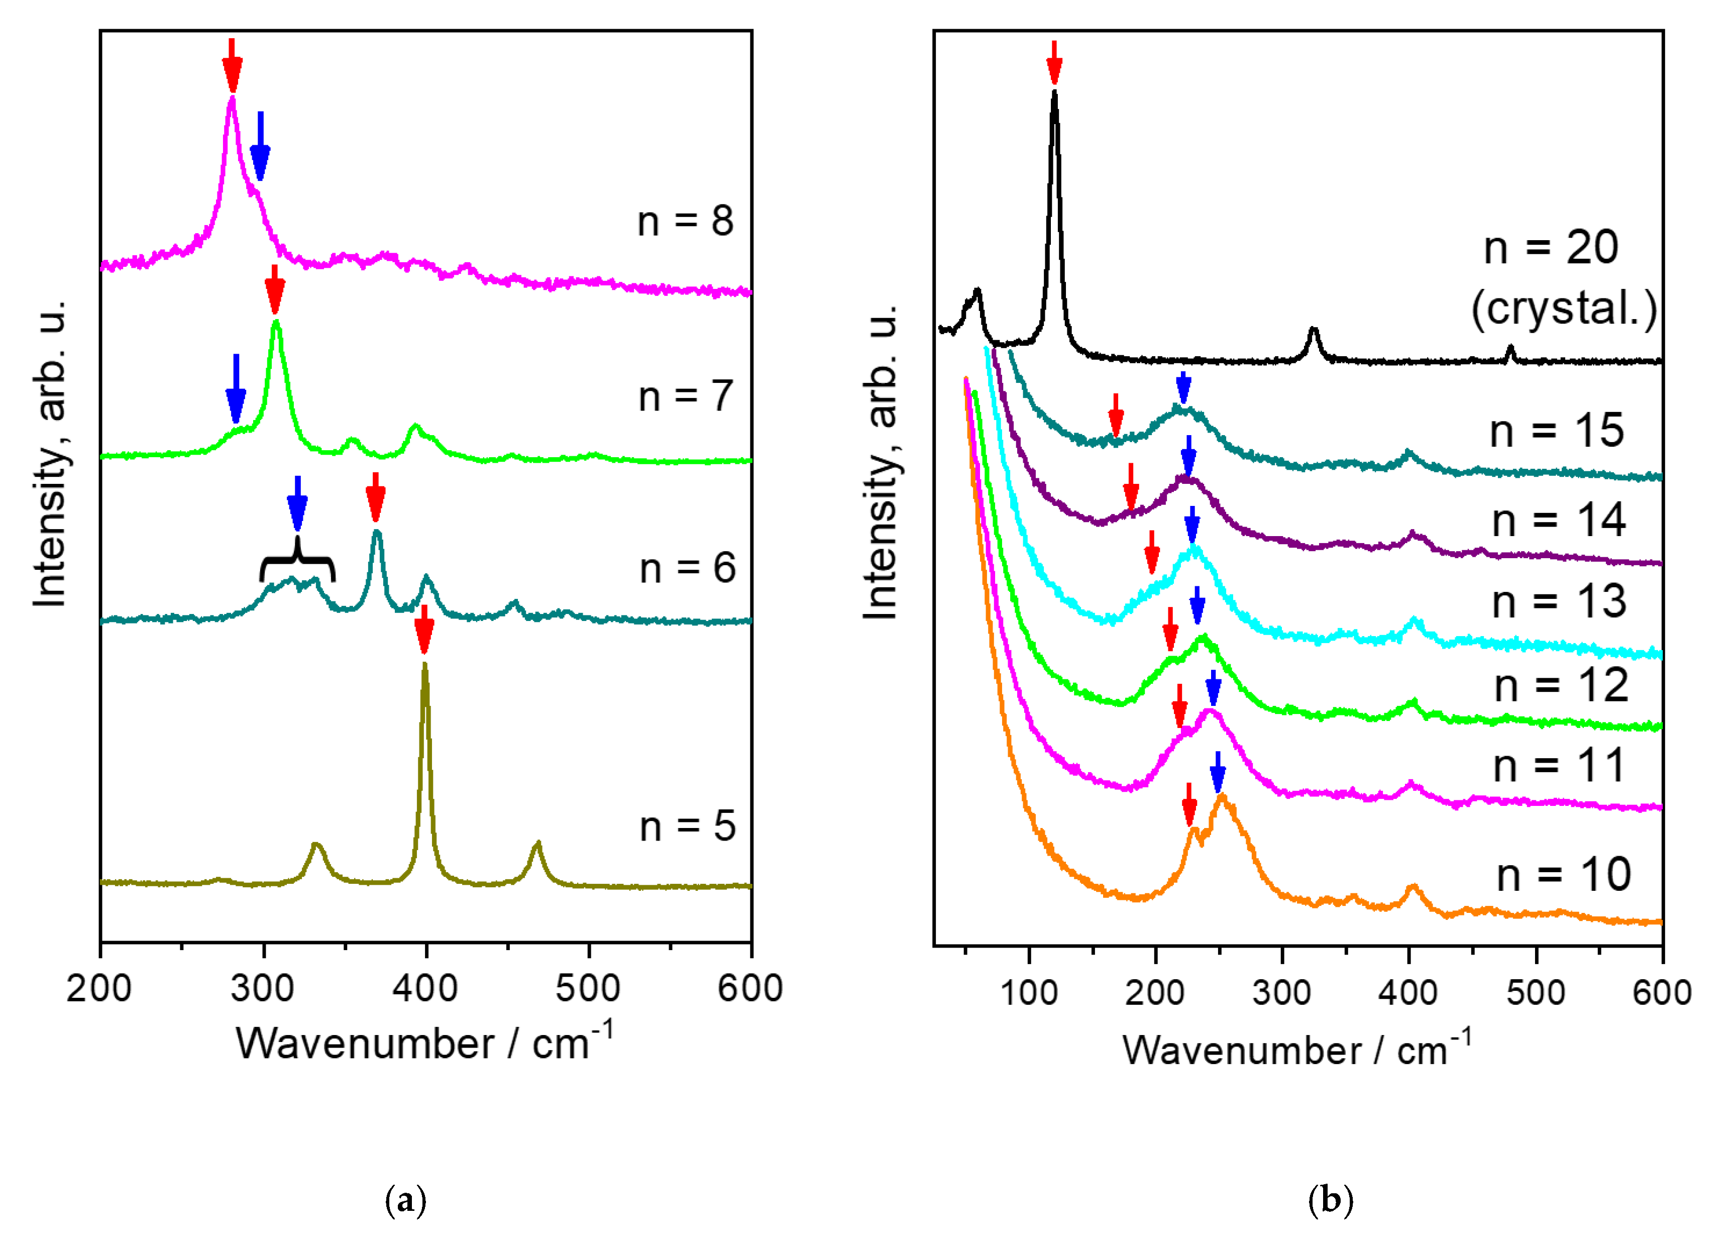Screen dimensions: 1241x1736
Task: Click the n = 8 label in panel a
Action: tap(685, 221)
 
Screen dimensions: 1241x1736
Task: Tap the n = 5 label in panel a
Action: tap(687, 827)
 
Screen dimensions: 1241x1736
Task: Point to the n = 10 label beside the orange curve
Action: tap(1563, 875)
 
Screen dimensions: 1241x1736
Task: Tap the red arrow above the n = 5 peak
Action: tap(424, 630)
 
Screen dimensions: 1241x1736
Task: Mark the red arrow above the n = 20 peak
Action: tap(1054, 62)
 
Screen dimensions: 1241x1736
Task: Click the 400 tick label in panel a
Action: tap(425, 989)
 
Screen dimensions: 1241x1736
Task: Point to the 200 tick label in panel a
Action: tap(99, 989)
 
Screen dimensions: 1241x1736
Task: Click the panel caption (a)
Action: tap(406, 1200)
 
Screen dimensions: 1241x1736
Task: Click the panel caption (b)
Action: tap(1330, 1200)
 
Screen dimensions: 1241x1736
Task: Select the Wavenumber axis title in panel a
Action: tap(424, 1043)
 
